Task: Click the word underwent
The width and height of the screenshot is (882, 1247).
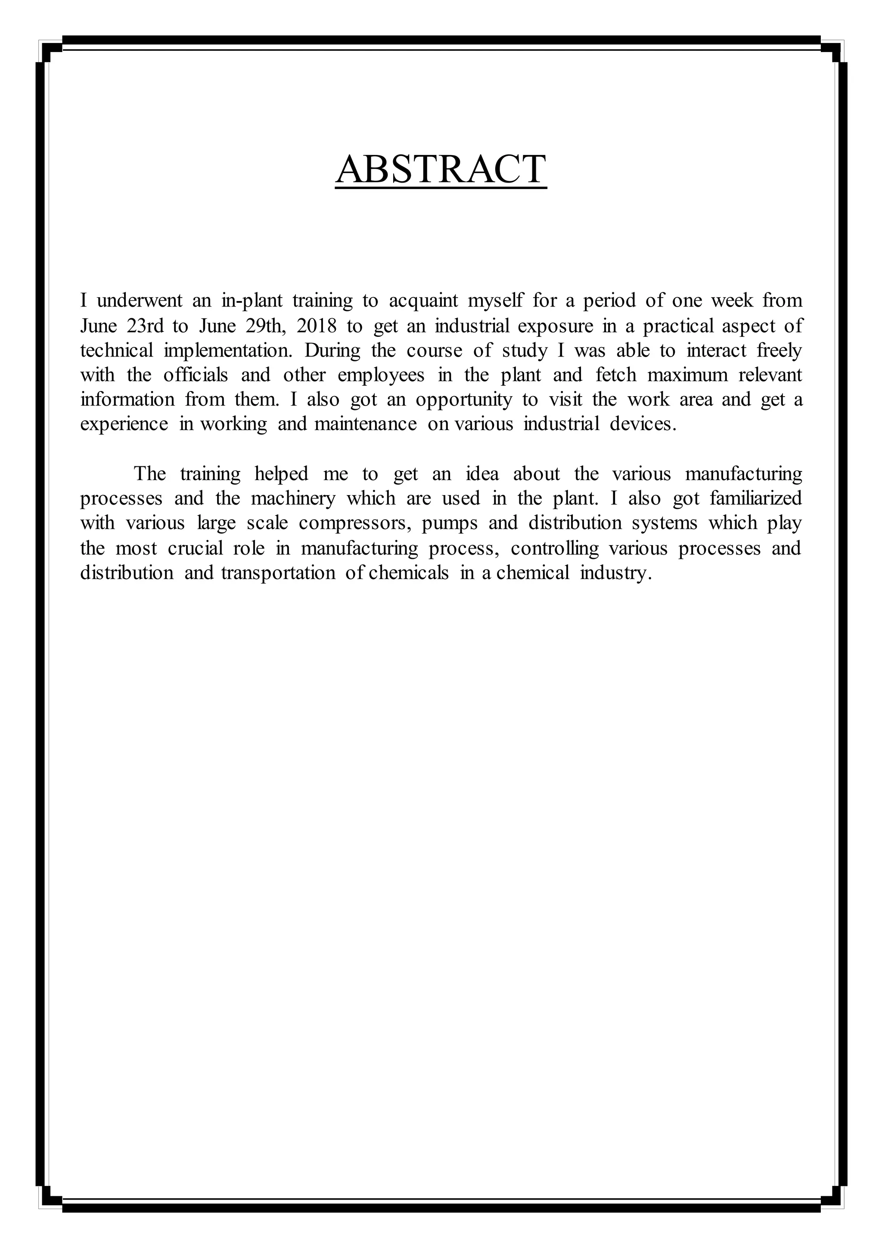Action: coord(140,301)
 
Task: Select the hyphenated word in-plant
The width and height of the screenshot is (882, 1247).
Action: coord(252,301)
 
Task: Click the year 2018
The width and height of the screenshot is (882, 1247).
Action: coord(317,326)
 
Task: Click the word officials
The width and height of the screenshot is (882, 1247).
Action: coord(196,375)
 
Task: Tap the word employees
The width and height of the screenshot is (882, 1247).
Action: coord(381,375)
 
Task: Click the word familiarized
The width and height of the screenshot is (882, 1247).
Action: coord(755,499)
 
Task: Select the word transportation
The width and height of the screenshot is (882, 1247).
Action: coord(278,573)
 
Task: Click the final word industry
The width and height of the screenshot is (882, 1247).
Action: coord(615,573)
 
